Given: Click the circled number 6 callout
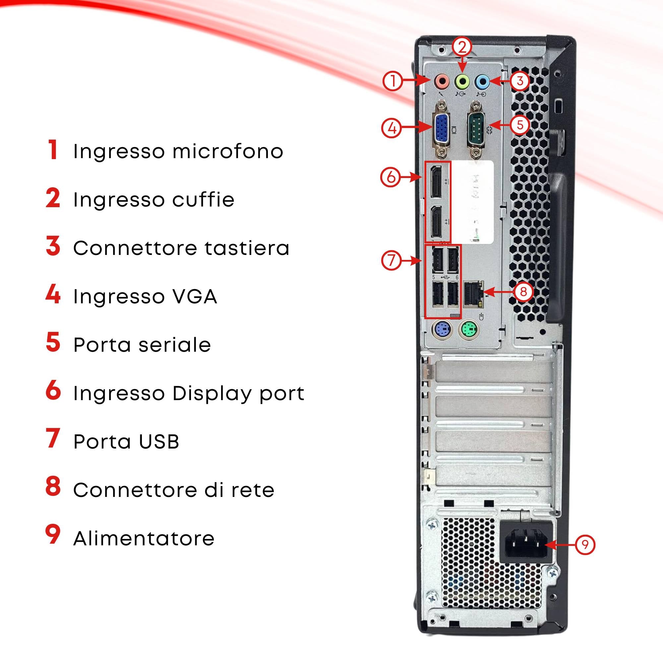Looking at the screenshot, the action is [391, 177].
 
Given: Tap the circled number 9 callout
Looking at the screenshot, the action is [585, 545].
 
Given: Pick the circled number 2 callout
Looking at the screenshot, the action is [462, 47].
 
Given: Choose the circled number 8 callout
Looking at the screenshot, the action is [523, 292].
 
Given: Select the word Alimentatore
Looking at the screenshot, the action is [144, 538].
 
